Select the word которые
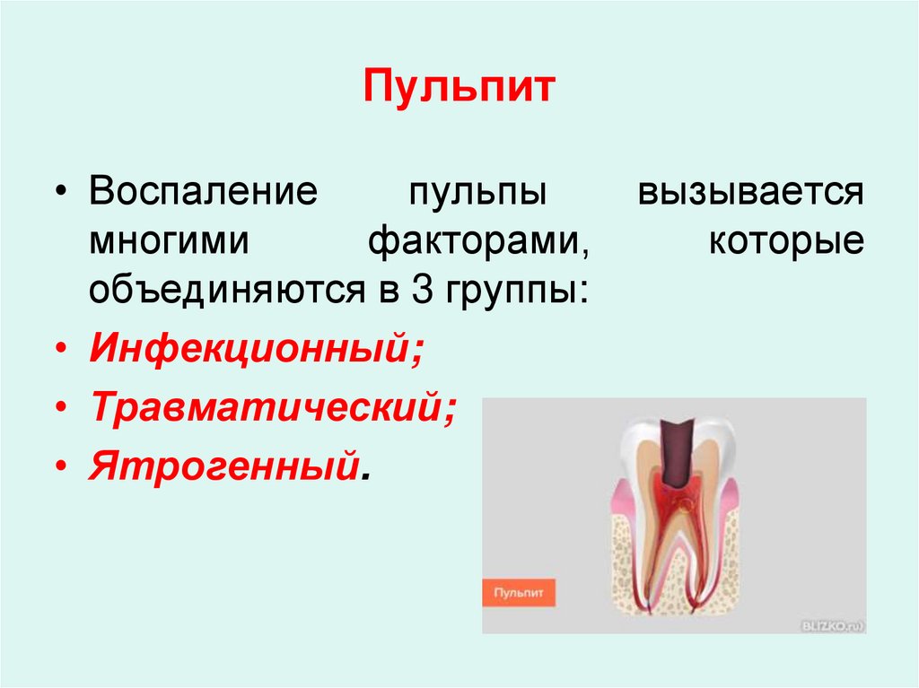coord(787,242)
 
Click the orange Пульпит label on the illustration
coord(519,593)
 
